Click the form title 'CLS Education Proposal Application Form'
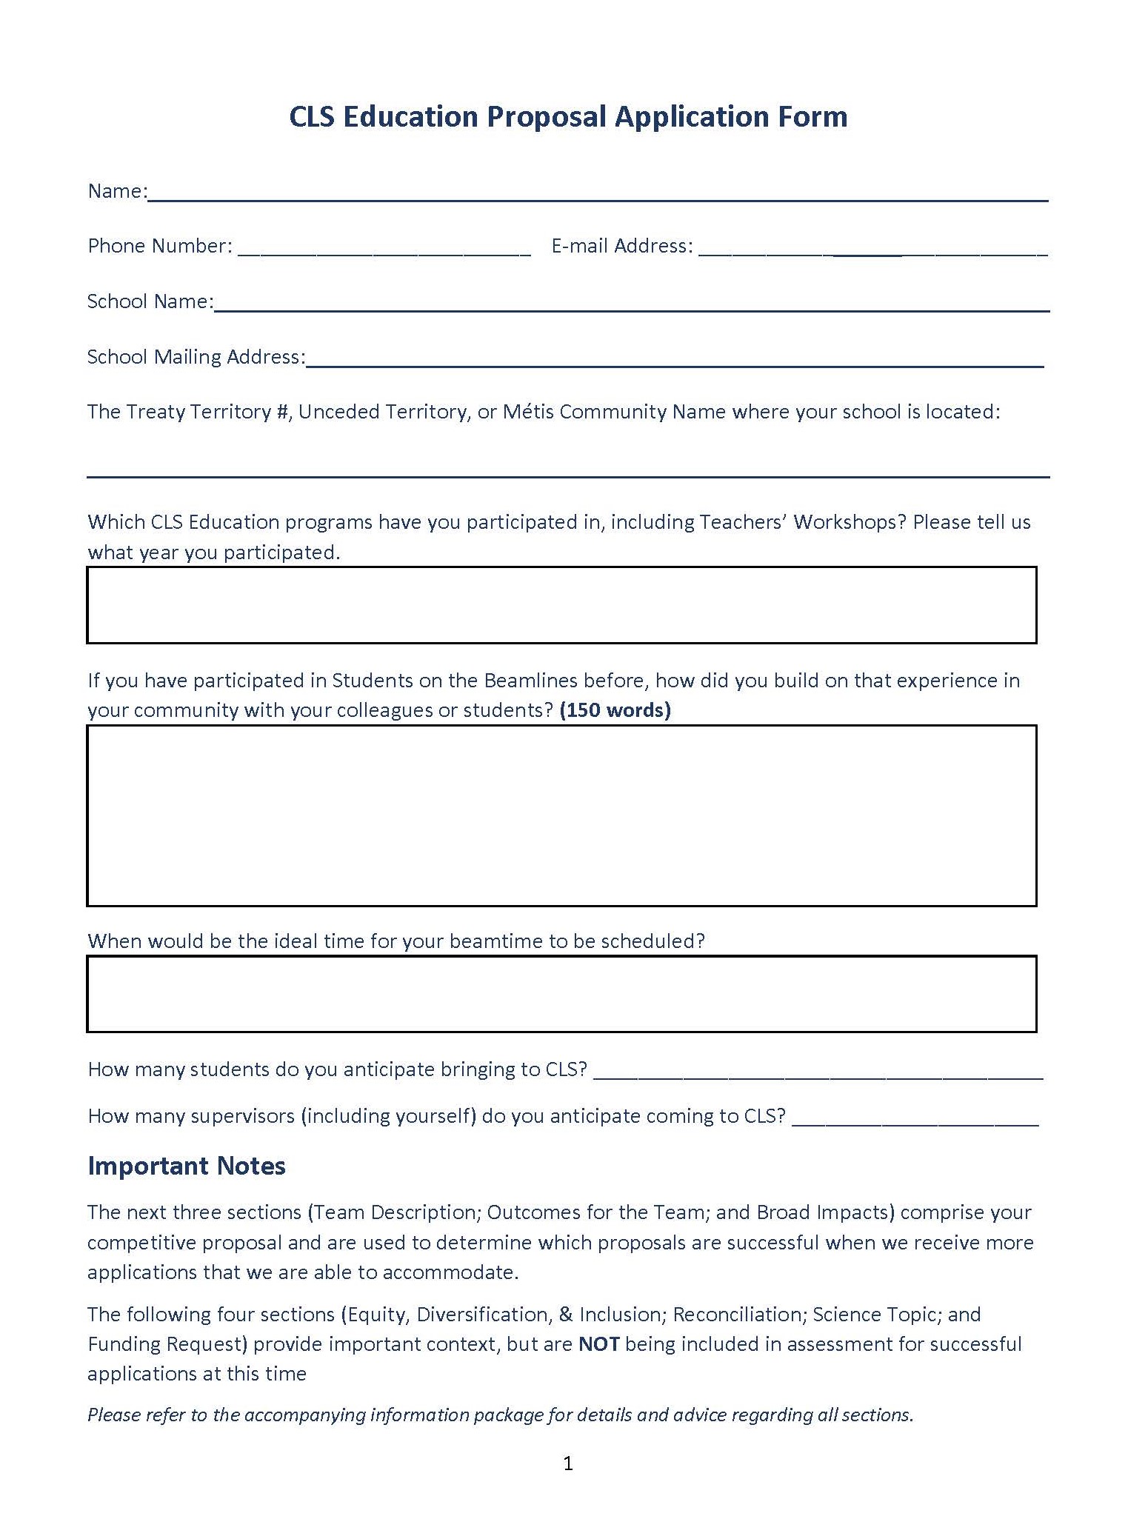(567, 117)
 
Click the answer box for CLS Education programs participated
(561, 605)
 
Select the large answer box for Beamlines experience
(561, 815)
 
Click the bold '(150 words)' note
(615, 710)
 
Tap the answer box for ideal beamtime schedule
(561, 994)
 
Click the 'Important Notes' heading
(187, 1166)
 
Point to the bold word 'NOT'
(598, 1344)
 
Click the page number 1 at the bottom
(568, 1463)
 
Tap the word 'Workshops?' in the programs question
(850, 522)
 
